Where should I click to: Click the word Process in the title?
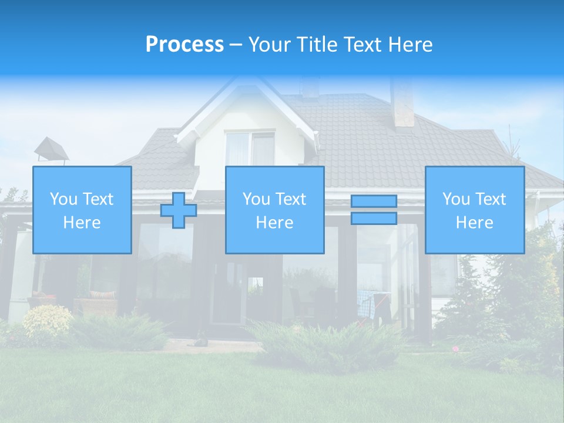184,45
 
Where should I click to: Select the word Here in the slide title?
409,45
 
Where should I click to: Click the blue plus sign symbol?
179,210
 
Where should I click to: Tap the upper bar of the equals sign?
374,202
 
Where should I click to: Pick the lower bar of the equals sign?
374,218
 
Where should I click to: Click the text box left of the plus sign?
82,210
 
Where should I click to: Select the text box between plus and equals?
275,210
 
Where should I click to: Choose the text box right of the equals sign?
475,210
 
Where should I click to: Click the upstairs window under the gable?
251,148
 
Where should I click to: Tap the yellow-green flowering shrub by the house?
47,320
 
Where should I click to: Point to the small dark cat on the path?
201,341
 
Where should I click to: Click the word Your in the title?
269,45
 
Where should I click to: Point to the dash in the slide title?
236,45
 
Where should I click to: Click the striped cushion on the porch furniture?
102,294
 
